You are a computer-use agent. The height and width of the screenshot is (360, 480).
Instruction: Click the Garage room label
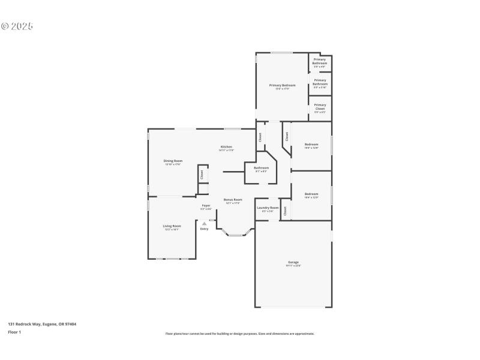[293, 262]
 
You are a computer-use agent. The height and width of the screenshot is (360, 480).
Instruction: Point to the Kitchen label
[226, 147]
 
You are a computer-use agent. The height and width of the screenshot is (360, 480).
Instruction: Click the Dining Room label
[173, 161]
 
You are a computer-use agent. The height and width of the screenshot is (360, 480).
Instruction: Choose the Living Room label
[172, 226]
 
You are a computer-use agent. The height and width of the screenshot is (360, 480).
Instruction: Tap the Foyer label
[206, 206]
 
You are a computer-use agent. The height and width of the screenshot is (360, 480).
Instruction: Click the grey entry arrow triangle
[204, 223]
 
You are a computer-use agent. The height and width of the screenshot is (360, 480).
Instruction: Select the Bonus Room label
[233, 200]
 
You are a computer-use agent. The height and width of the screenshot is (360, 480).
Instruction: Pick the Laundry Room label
[268, 208]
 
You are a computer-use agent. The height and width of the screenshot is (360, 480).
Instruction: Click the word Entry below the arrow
[204, 229]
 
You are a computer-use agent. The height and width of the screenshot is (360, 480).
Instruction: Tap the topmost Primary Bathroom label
[320, 61]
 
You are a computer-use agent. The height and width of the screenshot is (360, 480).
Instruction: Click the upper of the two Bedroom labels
[311, 145]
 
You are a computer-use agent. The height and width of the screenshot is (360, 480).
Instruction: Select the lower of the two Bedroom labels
[311, 194]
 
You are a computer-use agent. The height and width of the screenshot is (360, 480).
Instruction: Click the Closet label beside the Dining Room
[202, 174]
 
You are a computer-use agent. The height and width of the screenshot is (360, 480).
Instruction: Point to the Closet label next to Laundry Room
[286, 210]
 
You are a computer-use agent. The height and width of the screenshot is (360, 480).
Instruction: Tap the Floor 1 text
[14, 332]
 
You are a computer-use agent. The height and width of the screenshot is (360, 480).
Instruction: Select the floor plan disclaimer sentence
[239, 334]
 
